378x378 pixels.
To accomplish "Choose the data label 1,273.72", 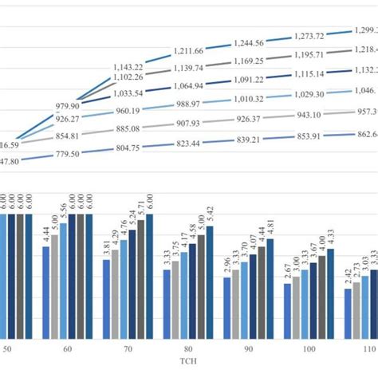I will [x=309, y=37].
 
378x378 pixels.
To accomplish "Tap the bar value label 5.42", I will [x=211, y=217].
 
